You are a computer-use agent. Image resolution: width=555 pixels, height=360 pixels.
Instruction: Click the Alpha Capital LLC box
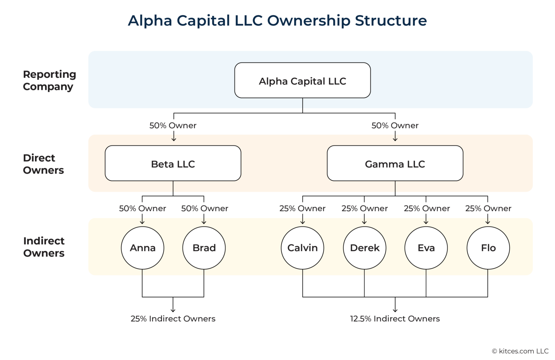302,81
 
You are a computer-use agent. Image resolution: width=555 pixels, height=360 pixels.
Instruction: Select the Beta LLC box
173,163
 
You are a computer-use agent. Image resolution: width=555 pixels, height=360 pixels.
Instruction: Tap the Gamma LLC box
395,163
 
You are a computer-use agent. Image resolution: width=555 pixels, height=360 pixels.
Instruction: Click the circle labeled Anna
142,248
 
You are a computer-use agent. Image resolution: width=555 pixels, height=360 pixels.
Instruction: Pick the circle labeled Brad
204,248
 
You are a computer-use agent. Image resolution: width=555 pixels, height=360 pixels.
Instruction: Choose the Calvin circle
302,248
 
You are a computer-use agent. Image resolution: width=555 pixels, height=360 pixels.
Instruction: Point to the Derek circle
365,248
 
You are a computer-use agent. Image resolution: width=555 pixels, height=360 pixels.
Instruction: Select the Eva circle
426,248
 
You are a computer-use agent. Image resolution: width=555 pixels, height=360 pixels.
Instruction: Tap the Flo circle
488,248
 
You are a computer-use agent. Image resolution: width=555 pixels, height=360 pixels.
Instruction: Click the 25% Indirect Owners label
173,319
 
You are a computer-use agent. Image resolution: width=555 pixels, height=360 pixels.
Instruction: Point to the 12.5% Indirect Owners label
395,319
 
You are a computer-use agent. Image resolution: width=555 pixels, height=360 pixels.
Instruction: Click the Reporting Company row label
50,80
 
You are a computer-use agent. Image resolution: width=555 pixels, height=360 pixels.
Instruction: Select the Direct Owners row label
43,164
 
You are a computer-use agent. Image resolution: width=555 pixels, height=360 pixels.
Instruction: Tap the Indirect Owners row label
44,247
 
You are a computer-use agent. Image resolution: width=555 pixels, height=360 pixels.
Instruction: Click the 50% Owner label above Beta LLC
173,125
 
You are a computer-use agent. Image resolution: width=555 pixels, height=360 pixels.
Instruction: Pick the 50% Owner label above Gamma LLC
395,125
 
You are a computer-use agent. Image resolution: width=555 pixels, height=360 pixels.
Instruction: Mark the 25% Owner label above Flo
488,209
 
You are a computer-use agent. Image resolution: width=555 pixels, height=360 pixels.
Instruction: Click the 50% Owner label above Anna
142,209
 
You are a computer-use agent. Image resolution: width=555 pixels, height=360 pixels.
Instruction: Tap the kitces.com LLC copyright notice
520,351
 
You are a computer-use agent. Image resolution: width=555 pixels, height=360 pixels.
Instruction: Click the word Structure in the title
391,21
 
